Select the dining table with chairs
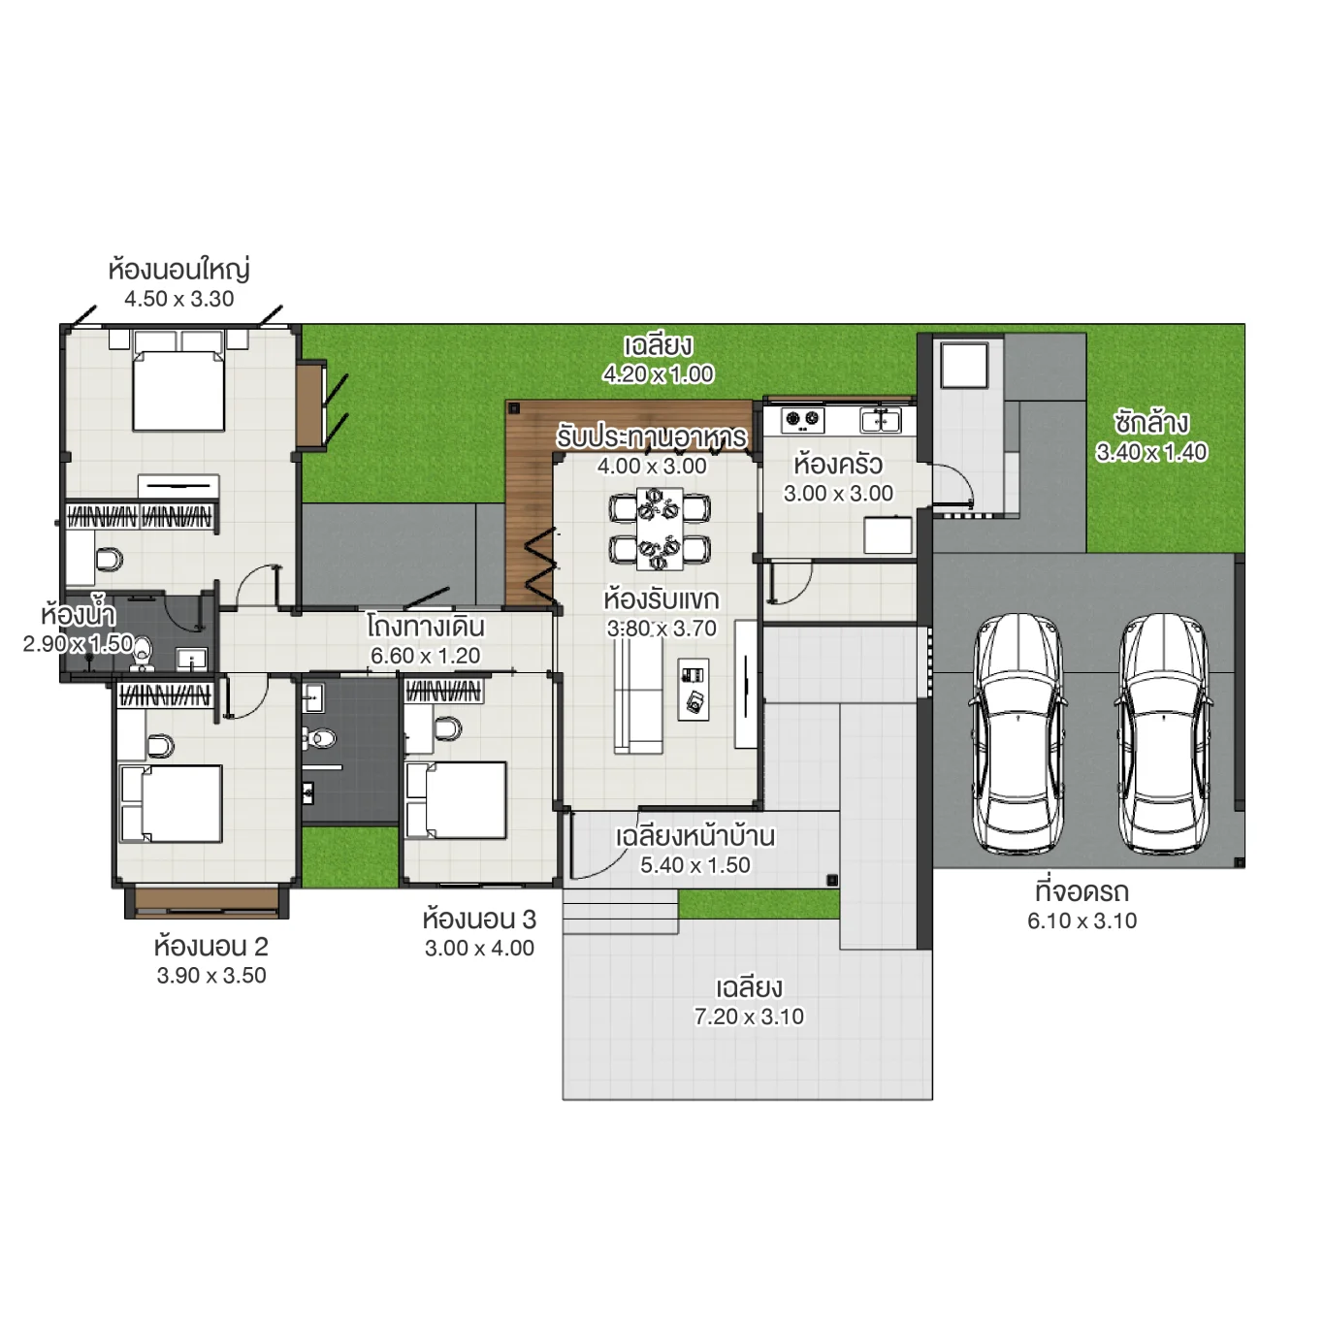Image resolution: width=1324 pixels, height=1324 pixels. [x=660, y=530]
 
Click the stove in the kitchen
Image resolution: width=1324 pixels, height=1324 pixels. [x=802, y=420]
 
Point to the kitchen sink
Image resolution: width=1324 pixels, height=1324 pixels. [x=881, y=420]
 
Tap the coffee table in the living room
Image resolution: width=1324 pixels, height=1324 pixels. [x=694, y=689]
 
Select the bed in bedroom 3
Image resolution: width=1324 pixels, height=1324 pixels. [x=456, y=800]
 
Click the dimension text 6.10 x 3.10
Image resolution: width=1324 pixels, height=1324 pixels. [x=1082, y=920]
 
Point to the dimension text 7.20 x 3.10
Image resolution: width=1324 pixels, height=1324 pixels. [x=749, y=1017]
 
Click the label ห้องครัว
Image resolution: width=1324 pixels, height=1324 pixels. [x=838, y=464]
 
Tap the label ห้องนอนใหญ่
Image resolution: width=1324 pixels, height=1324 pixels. [x=179, y=269]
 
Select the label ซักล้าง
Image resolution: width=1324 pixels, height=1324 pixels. [x=1151, y=423]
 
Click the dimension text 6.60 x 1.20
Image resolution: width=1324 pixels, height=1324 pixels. [x=425, y=656]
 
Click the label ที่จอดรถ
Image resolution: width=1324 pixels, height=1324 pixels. [x=1082, y=891]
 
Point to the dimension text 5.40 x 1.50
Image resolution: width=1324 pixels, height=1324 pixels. [x=694, y=865]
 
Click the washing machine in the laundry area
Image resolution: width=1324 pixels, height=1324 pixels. [x=964, y=365]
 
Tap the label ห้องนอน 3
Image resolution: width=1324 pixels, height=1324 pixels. [x=479, y=919]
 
